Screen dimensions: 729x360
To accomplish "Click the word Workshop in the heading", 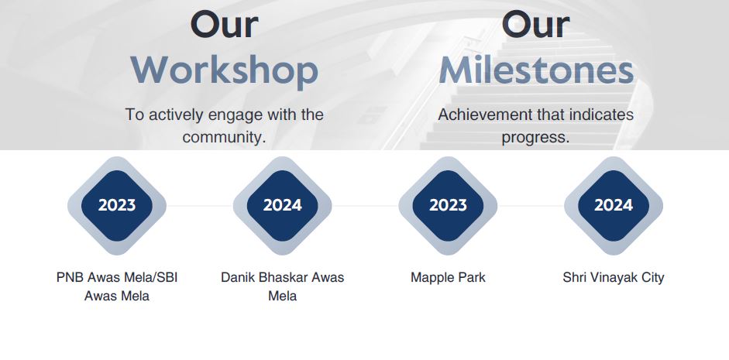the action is pos(225,70).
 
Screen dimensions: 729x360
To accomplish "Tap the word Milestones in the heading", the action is pos(536,70).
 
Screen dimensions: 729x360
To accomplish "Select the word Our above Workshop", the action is pos(225,25).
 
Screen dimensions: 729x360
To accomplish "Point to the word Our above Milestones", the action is pos(536,25).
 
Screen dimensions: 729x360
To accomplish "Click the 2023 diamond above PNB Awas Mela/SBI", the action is pos(117,205).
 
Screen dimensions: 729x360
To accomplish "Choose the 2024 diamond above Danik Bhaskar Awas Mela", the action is pos(282,205).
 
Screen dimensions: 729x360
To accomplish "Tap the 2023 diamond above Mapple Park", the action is pos(448,205).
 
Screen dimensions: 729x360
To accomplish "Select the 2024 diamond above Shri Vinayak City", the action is pos(614,205).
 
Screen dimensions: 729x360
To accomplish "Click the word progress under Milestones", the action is pos(535,138).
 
